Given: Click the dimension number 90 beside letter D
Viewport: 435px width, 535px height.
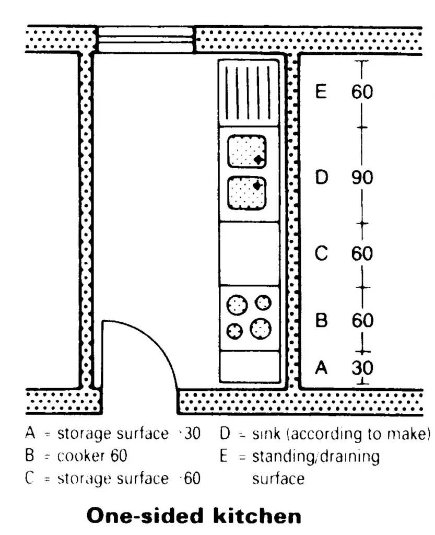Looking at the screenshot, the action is pyautogui.click(x=362, y=178).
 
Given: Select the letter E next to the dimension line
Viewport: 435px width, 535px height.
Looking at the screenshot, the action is pyautogui.click(x=321, y=91).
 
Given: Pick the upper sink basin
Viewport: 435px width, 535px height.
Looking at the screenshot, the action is pyautogui.click(x=247, y=152).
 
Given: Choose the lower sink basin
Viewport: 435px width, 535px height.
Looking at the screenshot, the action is pyautogui.click(x=247, y=193).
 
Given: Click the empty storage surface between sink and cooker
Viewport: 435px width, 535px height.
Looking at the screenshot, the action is pyautogui.click(x=249, y=254).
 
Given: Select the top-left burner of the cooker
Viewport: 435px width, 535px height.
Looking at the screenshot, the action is pyautogui.click(x=237, y=305).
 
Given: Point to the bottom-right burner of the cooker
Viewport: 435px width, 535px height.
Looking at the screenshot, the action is pyautogui.click(x=261, y=329).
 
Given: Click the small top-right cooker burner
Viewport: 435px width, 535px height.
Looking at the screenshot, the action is pyautogui.click(x=263, y=303).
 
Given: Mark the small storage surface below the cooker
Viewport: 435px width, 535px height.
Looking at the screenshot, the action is pyautogui.click(x=250, y=366).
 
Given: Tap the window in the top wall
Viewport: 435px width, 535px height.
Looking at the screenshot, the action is pyautogui.click(x=146, y=40).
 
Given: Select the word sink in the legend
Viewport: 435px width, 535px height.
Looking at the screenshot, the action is pyautogui.click(x=266, y=434).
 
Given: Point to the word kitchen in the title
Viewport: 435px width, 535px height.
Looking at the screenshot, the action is pyautogui.click(x=257, y=516).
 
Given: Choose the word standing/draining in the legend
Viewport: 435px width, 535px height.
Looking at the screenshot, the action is pyautogui.click(x=316, y=457).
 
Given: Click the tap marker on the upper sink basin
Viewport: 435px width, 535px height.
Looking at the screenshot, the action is pyautogui.click(x=258, y=159).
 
